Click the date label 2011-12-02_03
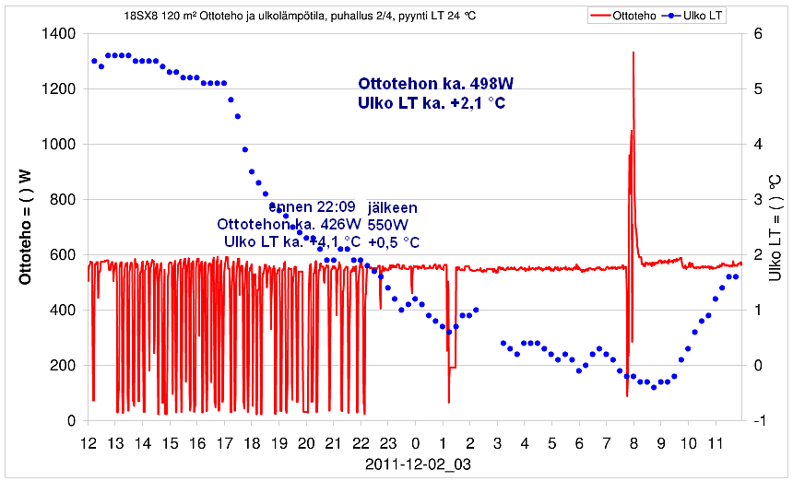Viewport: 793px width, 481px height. pyautogui.click(x=417, y=464)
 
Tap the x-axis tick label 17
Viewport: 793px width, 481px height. pyautogui.click(x=224, y=443)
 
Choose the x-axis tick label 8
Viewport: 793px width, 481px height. pyautogui.click(x=633, y=443)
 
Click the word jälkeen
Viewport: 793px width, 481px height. pyautogui.click(x=396, y=206)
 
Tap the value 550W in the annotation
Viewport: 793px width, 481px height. pyautogui.click(x=387, y=224)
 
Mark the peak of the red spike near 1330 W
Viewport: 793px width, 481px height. pyautogui.click(x=633, y=53)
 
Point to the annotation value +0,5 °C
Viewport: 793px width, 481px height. pyautogui.click(x=394, y=242)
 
